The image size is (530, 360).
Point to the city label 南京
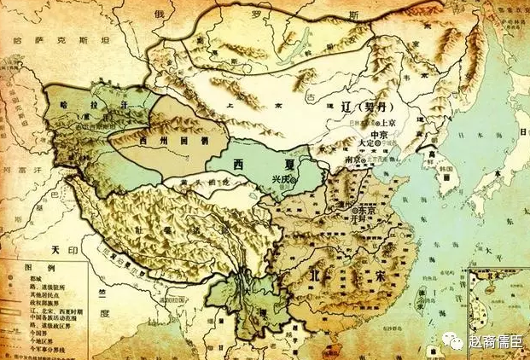pyautogui.click(x=352, y=160)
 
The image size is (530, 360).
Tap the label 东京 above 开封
pyautogui.click(x=371, y=206)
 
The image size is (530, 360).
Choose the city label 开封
pyautogui.click(x=370, y=218)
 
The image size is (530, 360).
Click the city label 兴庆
pyautogui.click(x=281, y=179)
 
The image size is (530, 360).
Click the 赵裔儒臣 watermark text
pyautogui.click(x=498, y=341)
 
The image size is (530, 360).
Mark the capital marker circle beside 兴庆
pyautogui.click(x=294, y=180)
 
